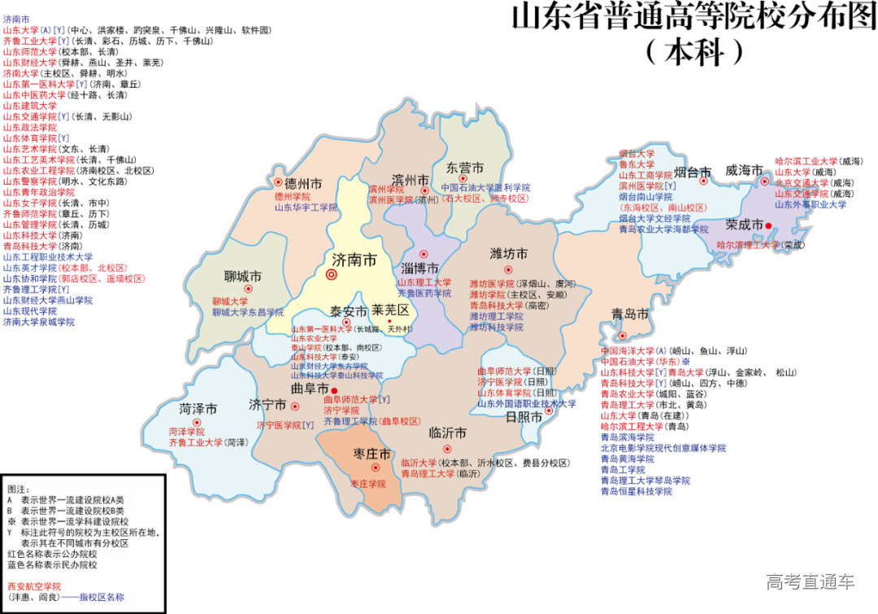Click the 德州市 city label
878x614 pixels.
303,183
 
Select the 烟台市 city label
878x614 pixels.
693,172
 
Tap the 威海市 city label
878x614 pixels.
744,171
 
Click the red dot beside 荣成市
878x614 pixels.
767,225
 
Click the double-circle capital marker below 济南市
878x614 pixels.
331,275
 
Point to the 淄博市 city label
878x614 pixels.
420,268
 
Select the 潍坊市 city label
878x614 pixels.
509,254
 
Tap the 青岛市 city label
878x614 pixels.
630,315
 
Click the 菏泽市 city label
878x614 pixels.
198,409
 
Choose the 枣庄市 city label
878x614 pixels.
373,453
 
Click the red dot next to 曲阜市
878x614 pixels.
335,390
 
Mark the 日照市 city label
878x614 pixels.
524,417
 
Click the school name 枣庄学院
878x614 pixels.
368,483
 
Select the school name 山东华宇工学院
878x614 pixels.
306,207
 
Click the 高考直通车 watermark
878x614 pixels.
810,581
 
